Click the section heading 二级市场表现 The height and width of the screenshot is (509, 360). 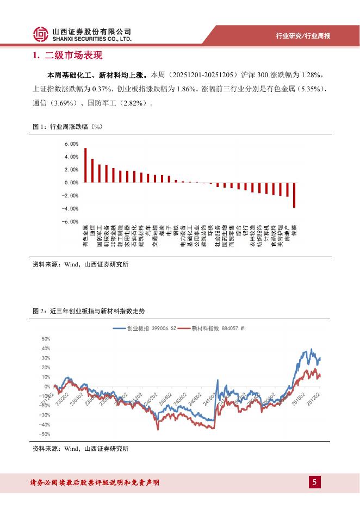click(71, 55)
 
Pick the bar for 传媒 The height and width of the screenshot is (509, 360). click(294, 195)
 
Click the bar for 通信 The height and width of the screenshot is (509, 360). click(92, 171)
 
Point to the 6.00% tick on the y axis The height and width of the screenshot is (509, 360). click(72, 144)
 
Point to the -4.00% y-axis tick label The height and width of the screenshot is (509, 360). click(71, 209)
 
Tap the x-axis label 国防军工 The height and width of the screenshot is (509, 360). click(100, 236)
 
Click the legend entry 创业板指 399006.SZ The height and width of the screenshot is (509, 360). click(145, 328)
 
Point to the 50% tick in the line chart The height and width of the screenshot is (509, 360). click(46, 339)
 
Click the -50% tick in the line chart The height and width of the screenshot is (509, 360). click(45, 434)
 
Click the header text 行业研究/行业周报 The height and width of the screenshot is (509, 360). click(303, 36)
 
